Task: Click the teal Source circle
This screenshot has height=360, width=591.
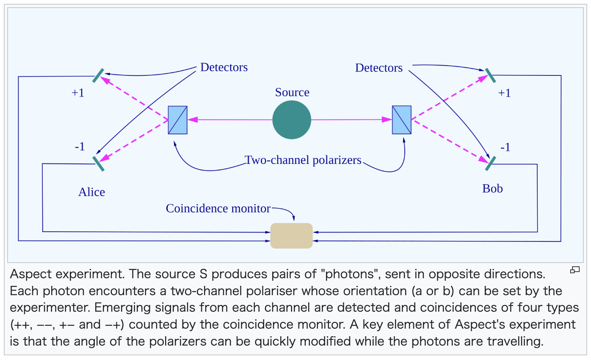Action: pos(292,120)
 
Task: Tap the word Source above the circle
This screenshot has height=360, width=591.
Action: pos(292,92)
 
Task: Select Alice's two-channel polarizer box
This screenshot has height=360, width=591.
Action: pos(178,120)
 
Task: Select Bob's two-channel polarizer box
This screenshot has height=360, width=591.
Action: pos(402,120)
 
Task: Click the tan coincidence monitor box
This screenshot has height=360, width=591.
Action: pos(291,235)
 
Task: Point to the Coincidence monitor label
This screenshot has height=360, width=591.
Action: pos(218,208)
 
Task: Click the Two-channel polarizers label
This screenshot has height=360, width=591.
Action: pos(303,160)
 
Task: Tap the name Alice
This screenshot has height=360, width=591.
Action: pos(91,192)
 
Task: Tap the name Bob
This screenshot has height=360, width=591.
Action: pos(492,188)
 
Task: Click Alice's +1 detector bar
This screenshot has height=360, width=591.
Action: pos(99,75)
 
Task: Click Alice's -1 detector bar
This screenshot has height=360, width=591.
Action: pos(99,163)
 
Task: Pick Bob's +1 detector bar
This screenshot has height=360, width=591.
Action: pos(490,75)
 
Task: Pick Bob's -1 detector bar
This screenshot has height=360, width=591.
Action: pos(491,163)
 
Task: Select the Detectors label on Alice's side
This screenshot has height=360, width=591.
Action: pos(224,67)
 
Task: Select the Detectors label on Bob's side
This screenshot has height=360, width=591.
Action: pos(379,68)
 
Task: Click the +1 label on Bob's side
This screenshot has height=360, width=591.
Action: pos(504,93)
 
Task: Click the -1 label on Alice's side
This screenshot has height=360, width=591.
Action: pos(80,147)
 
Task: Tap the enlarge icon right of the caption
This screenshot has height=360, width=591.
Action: pos(574,270)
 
